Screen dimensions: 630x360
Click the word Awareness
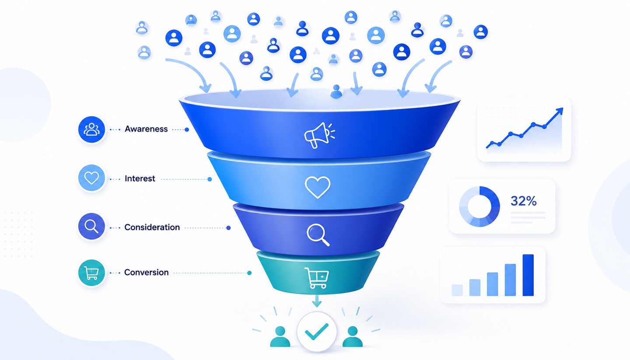coord(146,129)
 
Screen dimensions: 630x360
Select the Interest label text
coord(140,178)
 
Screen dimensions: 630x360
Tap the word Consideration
coord(152,227)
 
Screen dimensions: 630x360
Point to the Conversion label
coord(146,272)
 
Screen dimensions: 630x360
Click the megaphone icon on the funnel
coord(318,136)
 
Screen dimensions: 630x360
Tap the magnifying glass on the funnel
coord(318,235)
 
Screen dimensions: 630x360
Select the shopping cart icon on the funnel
coord(317,278)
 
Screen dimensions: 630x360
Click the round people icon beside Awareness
coord(92,129)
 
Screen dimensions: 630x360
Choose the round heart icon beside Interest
coord(92,178)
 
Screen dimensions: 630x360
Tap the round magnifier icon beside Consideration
coord(91,227)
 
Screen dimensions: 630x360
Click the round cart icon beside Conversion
coord(92,273)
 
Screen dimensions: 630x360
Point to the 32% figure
coord(523,201)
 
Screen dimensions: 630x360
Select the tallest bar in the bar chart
coord(528,275)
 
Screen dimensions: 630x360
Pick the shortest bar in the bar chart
coord(457,290)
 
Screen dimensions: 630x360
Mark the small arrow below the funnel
coord(317,301)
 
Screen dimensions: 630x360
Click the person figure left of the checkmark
coord(280,336)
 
